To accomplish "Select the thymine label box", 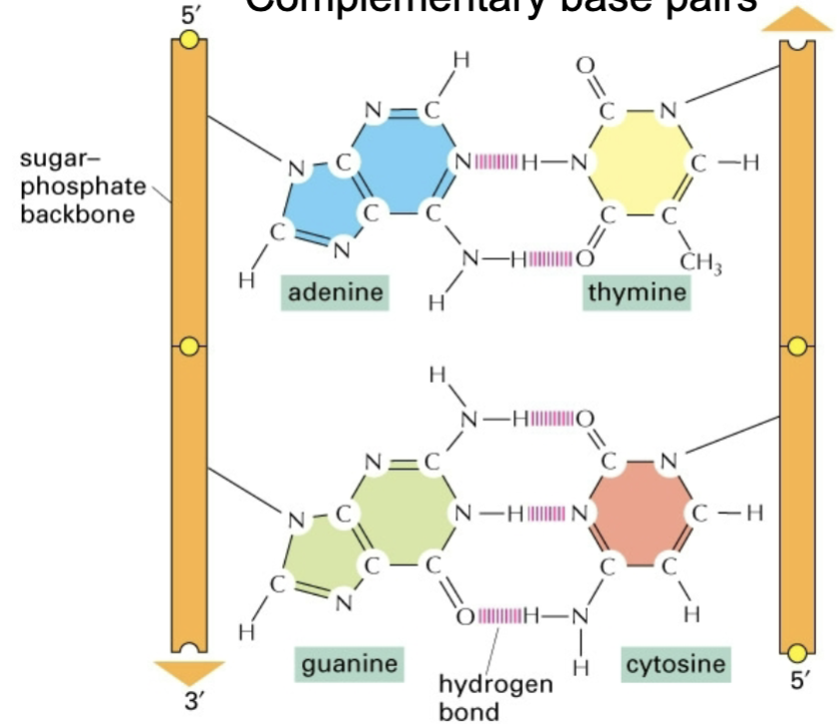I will click(637, 292).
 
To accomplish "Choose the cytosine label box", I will click(676, 663).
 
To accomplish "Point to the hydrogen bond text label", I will click(494, 697).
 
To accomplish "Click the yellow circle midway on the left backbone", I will click(189, 346).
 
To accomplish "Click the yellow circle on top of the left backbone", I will click(189, 39).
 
